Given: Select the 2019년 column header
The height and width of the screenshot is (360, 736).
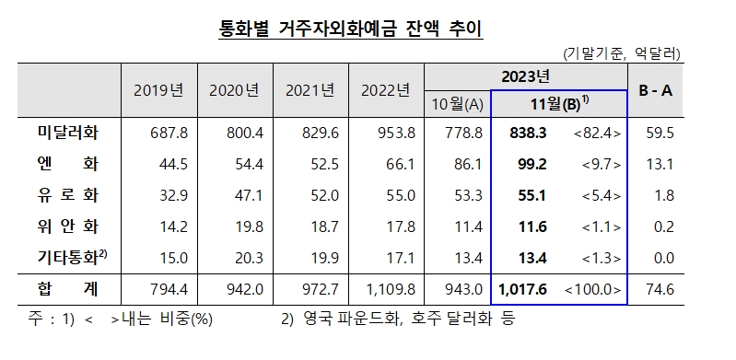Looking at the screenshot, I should (159, 90).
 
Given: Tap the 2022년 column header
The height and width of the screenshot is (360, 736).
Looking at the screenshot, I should (385, 90).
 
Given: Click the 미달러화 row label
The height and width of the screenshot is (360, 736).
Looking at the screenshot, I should (62, 134).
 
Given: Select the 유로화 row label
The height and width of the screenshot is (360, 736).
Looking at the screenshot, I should (62, 196).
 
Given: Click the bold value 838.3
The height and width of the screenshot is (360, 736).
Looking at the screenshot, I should (529, 134).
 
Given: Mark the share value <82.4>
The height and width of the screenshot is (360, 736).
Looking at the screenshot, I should (598, 134).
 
